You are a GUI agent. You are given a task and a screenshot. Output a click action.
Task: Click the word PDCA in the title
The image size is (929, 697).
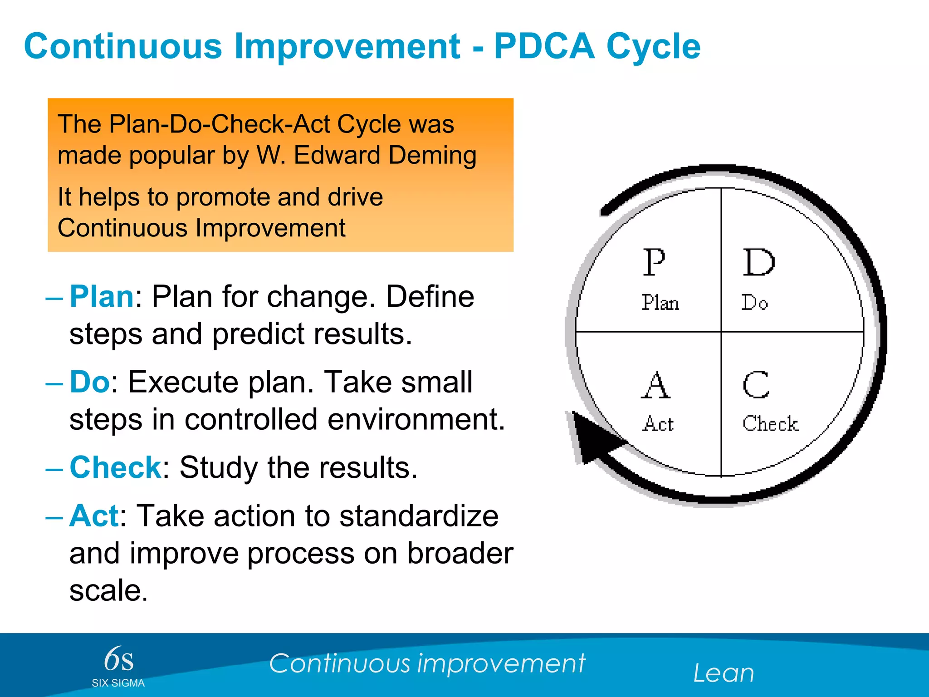544,46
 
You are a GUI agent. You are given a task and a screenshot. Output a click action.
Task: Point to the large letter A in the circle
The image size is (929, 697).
655,385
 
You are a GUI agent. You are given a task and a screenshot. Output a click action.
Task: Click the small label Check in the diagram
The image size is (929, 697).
770,423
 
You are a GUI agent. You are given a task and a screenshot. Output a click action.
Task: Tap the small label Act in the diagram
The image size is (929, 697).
658,424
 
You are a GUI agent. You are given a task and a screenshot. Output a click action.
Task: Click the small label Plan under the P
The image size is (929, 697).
660,303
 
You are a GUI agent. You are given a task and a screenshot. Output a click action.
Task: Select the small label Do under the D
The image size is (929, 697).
754,303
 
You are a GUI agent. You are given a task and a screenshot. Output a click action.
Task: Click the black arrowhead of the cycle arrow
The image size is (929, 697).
592,438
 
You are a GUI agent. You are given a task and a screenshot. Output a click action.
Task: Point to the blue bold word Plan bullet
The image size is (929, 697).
102,297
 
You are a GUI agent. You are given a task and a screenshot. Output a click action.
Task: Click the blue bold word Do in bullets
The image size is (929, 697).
89,382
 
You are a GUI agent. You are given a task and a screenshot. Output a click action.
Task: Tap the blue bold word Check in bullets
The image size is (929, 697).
115,467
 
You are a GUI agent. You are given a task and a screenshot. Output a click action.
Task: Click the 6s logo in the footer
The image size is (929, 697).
119,659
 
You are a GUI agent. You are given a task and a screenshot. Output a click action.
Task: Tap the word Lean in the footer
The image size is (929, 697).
724,673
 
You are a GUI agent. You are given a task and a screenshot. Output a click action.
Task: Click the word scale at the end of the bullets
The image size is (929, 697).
108,590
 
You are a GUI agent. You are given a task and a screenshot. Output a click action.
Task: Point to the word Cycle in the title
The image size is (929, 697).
653,46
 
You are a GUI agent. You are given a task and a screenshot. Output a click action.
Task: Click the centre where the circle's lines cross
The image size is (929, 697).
721,332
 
